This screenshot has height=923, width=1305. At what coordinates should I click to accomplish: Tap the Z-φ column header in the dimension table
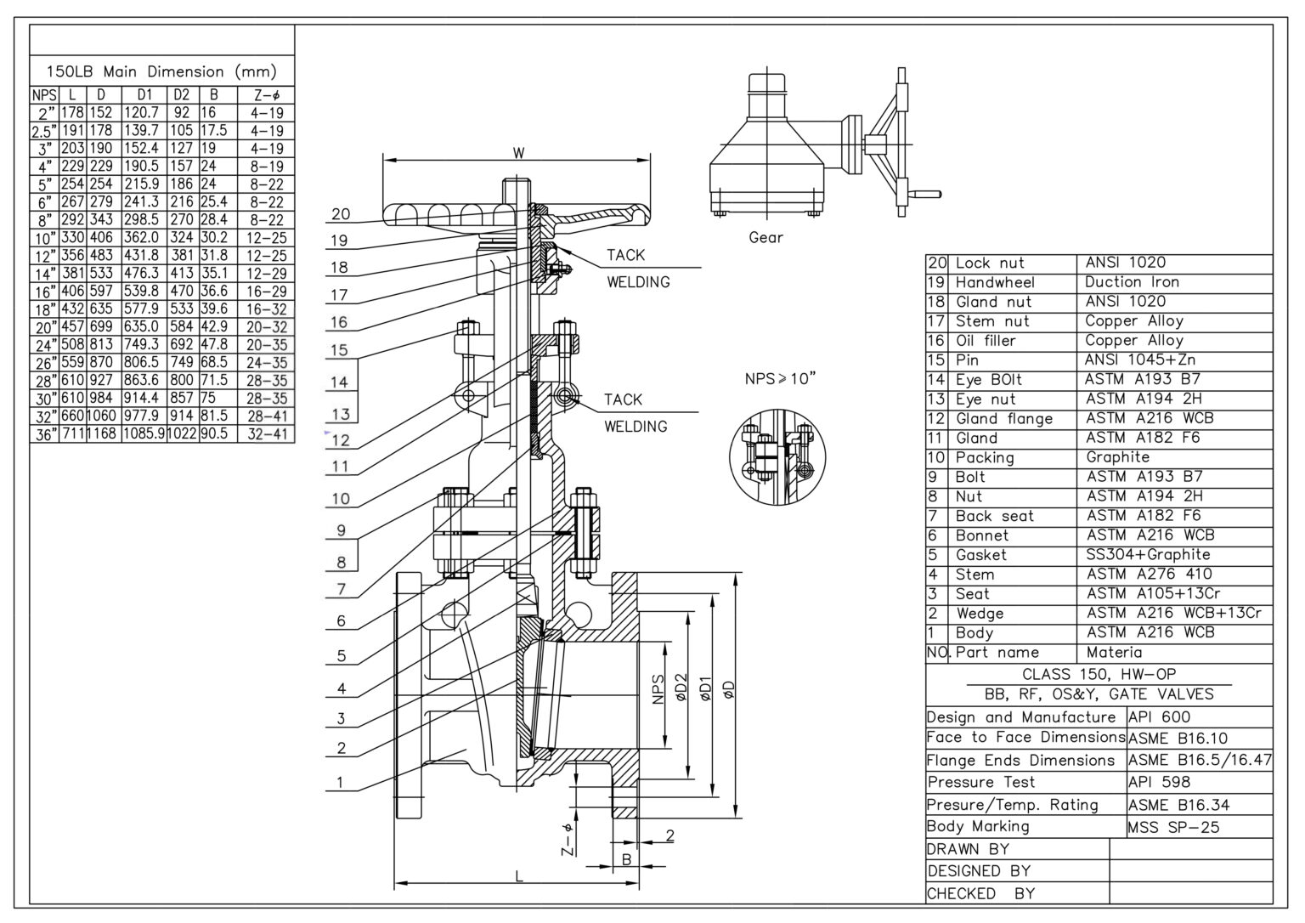pos(266,95)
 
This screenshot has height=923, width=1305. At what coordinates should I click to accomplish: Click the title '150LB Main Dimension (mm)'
pos(161,72)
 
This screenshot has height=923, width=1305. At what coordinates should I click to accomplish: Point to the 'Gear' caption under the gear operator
pos(765,237)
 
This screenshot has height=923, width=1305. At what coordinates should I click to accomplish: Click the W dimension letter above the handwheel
pos(518,153)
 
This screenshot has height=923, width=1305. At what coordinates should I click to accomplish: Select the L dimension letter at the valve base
pos(519,876)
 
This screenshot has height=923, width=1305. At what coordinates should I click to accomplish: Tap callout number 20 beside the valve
pos(341,214)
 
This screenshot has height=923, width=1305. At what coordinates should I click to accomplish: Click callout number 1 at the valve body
pos(341,782)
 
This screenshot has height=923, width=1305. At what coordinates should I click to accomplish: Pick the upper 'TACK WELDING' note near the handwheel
pos(637,268)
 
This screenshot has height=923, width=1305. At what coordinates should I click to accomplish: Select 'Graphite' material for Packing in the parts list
pos(1118,457)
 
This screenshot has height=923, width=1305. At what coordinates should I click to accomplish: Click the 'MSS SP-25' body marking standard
pos(1173,827)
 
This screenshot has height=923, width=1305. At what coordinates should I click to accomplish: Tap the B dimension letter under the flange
pos(626,859)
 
